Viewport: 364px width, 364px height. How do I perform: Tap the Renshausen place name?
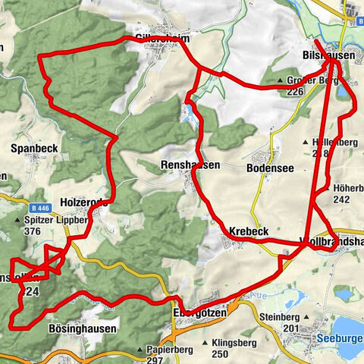[190, 165]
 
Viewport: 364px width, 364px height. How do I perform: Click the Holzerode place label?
[83, 202]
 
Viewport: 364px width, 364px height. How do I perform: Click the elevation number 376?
[33, 232]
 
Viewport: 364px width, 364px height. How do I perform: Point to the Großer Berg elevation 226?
[297, 92]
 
